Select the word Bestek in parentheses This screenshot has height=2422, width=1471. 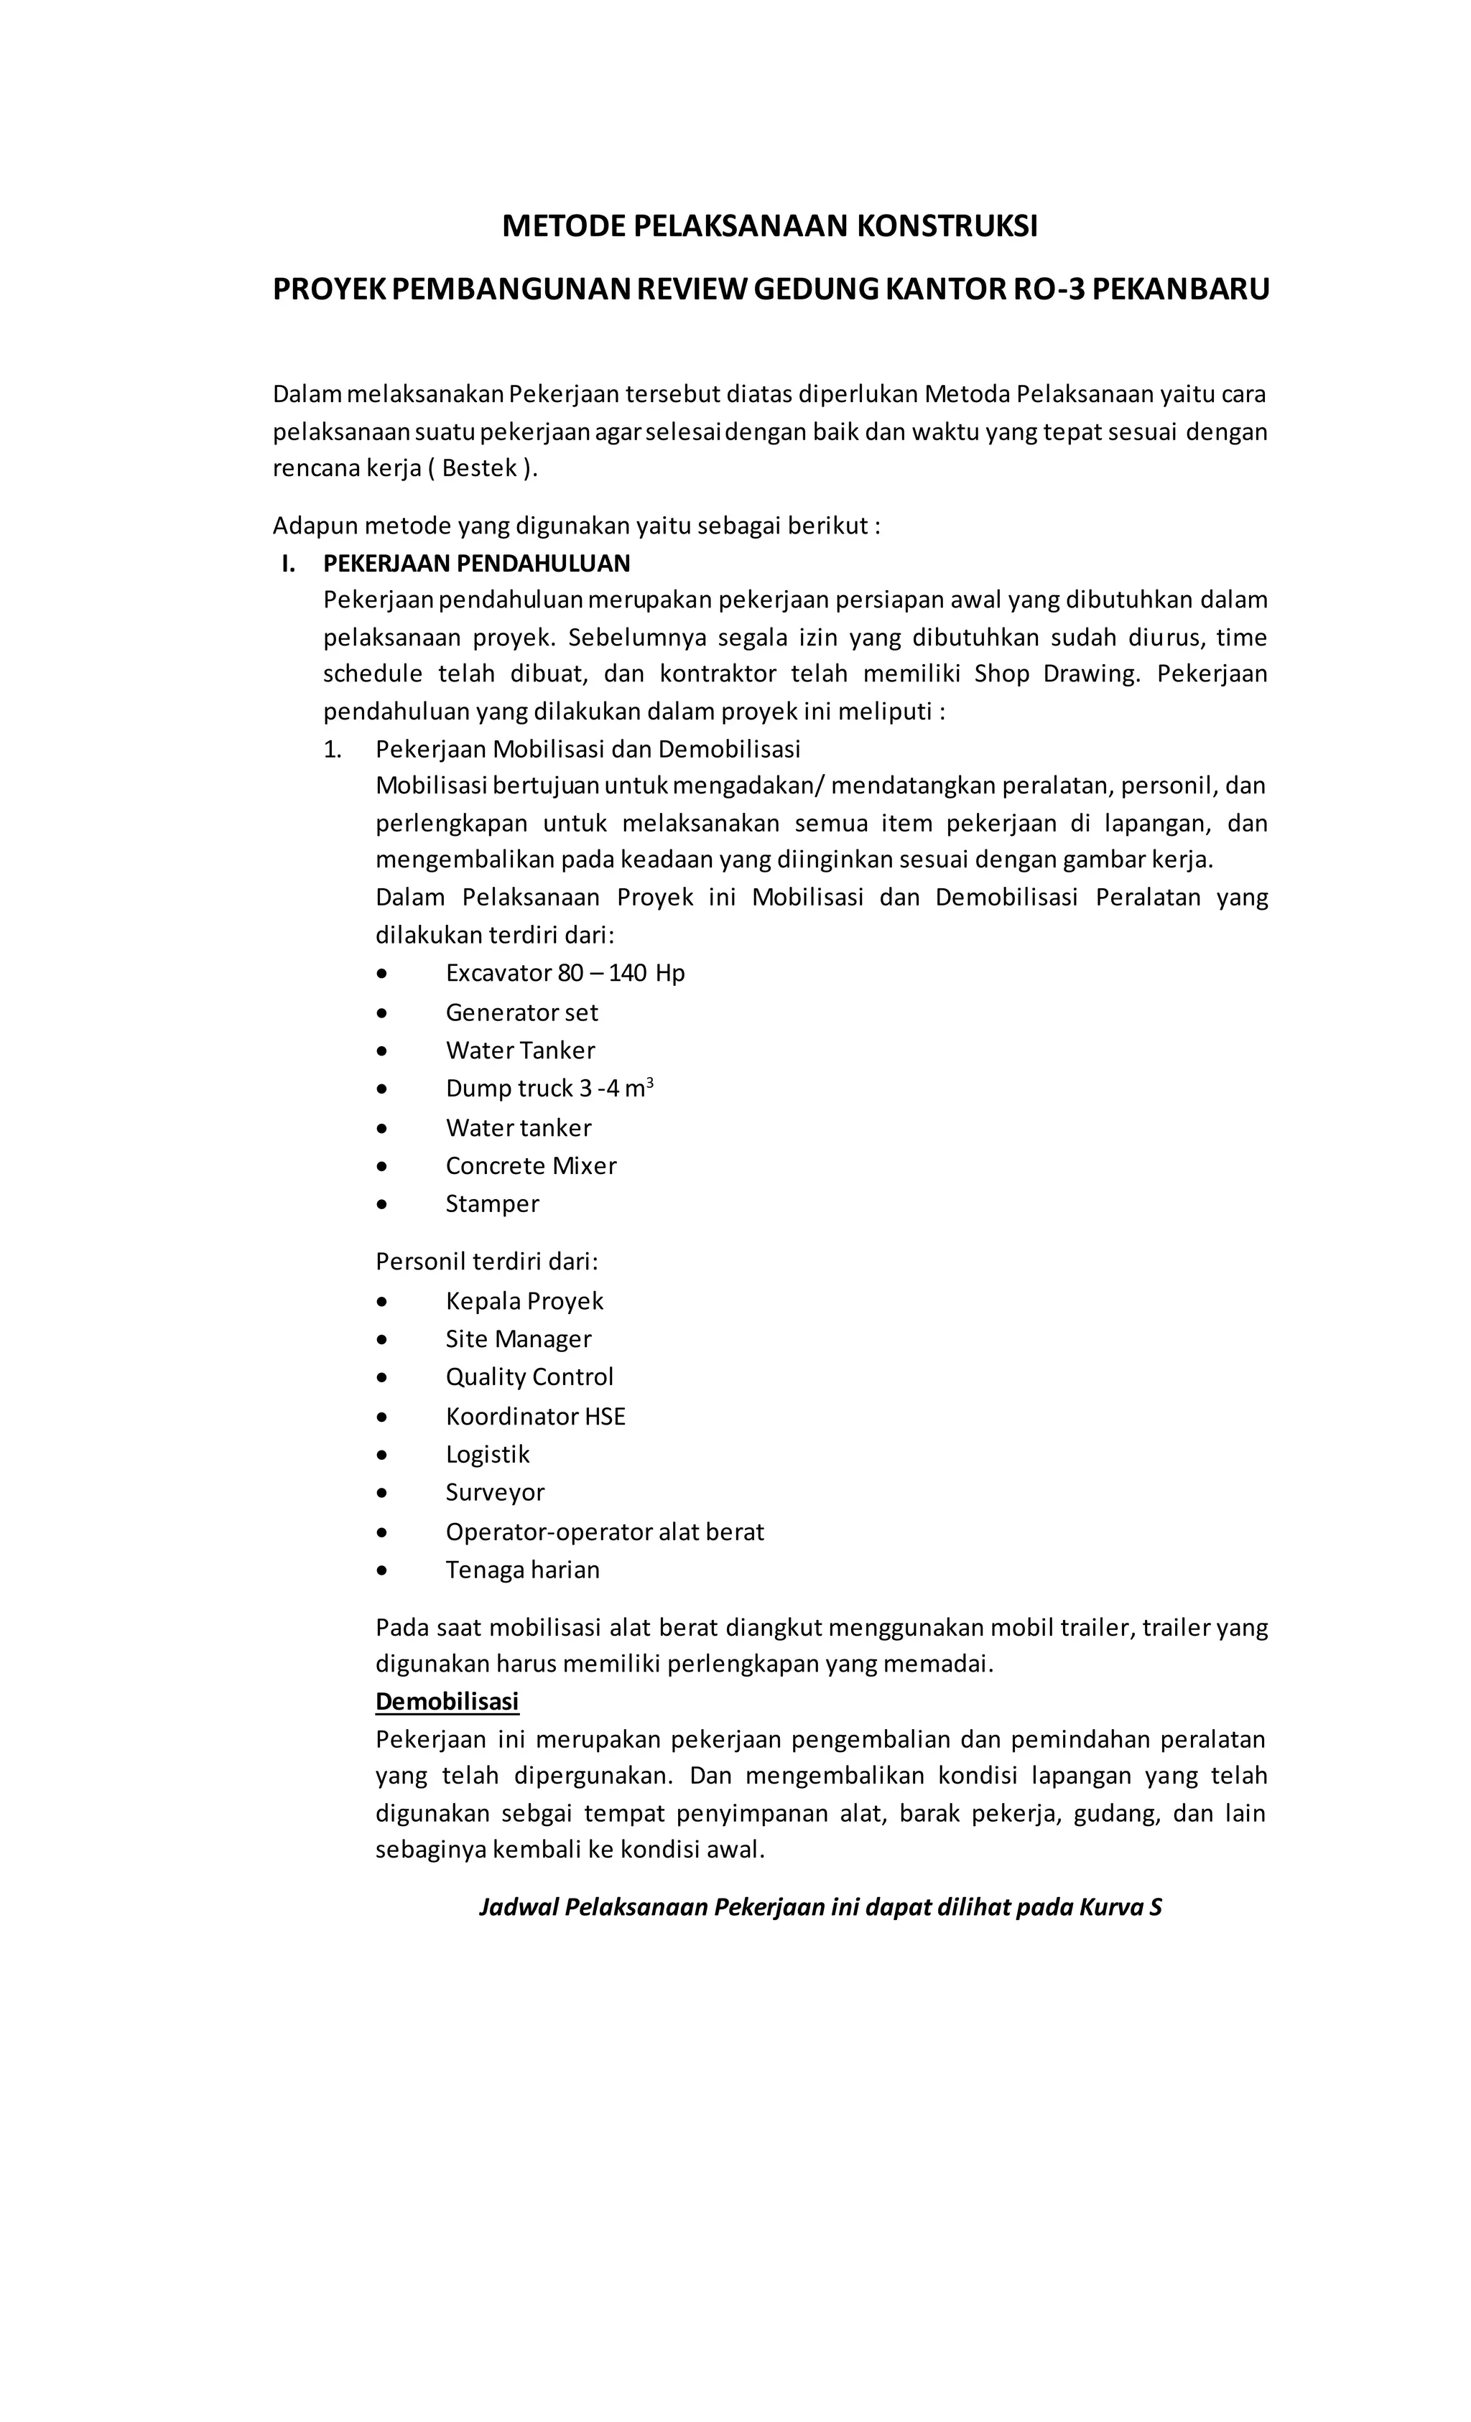(479, 469)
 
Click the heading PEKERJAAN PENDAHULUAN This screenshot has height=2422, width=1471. (477, 563)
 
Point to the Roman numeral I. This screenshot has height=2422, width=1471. (287, 563)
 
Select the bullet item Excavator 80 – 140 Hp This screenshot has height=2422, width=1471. (565, 973)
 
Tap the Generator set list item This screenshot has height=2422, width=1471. (521, 1012)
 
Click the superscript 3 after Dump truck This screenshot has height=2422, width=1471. (650, 1082)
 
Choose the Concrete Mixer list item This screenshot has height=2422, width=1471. (531, 1166)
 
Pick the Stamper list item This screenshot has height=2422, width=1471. (491, 1204)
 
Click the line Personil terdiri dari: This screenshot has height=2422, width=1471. (487, 1261)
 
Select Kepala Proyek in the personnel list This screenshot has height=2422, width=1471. (524, 1301)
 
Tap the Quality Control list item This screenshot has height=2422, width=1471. (529, 1377)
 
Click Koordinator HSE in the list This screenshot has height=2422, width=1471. (535, 1417)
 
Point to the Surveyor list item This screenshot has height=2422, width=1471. (495, 1492)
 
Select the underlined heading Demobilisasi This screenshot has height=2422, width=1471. (447, 1702)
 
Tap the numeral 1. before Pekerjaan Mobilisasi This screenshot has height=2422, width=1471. (333, 750)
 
